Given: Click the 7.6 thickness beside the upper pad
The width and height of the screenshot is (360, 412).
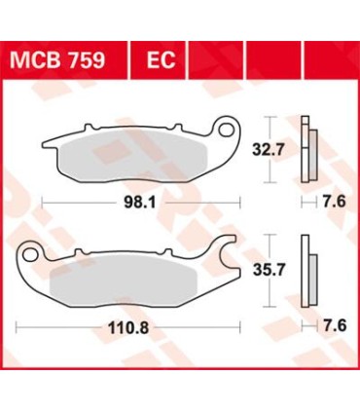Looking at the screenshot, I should coord(332,204).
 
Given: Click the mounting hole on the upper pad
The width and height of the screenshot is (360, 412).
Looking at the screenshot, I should coord(229,129).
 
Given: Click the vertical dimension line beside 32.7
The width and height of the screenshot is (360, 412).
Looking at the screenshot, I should coord(267,152).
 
